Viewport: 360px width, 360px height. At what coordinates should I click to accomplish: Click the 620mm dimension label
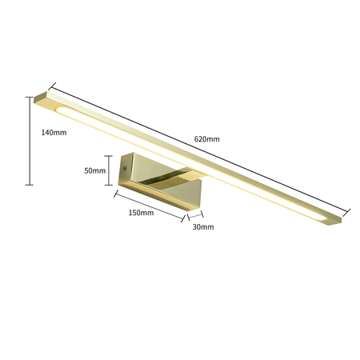[x=206, y=138]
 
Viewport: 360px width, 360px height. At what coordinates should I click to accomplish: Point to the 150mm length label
[x=140, y=213]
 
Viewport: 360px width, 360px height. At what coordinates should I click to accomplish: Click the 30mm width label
[x=203, y=227]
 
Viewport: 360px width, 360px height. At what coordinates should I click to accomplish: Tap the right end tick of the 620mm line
[x=350, y=213]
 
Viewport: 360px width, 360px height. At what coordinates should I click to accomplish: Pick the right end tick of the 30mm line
[x=202, y=215]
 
